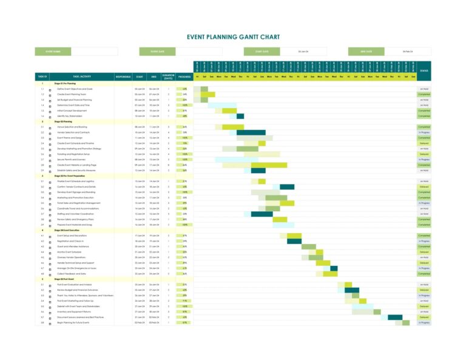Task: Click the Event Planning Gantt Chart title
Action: [x=233, y=37]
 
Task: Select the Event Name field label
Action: [x=53, y=52]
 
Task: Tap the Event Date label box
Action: [x=158, y=52]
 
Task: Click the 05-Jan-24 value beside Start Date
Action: [x=303, y=52]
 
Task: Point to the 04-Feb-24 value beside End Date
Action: [x=408, y=52]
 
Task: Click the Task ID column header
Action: [x=42, y=77]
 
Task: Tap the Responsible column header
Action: [x=123, y=77]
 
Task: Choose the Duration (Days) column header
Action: [x=168, y=77]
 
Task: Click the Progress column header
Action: [x=184, y=77]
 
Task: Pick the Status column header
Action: [x=424, y=71]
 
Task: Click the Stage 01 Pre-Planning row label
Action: [x=65, y=83]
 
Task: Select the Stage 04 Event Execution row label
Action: [x=69, y=230]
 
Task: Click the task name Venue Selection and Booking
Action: [x=72, y=127]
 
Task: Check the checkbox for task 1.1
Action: [x=50, y=89]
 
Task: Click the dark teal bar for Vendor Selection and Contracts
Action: [x=251, y=132]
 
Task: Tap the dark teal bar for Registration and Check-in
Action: [x=294, y=241]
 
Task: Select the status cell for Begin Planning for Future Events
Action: [x=424, y=322]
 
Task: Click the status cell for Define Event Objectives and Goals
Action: [x=424, y=89]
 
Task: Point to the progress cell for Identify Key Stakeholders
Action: [x=184, y=116]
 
